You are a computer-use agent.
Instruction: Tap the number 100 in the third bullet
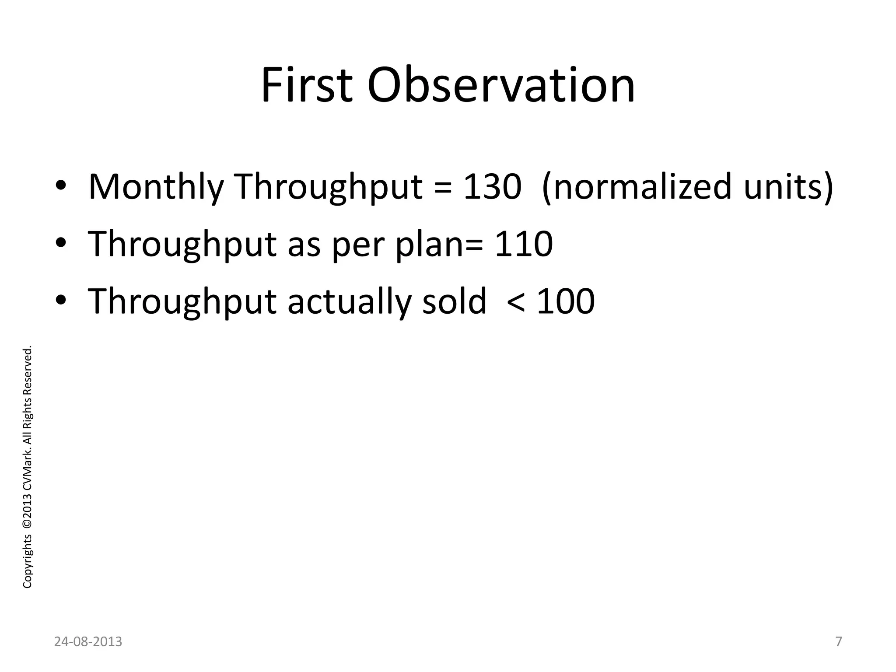click(x=565, y=301)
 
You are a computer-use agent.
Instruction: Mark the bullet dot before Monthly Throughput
click(x=61, y=188)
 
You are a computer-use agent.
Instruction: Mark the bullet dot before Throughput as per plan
click(x=61, y=245)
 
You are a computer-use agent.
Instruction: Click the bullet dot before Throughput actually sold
click(x=61, y=302)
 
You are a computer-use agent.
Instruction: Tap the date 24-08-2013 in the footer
click(x=88, y=642)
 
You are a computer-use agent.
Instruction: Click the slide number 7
click(x=838, y=642)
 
